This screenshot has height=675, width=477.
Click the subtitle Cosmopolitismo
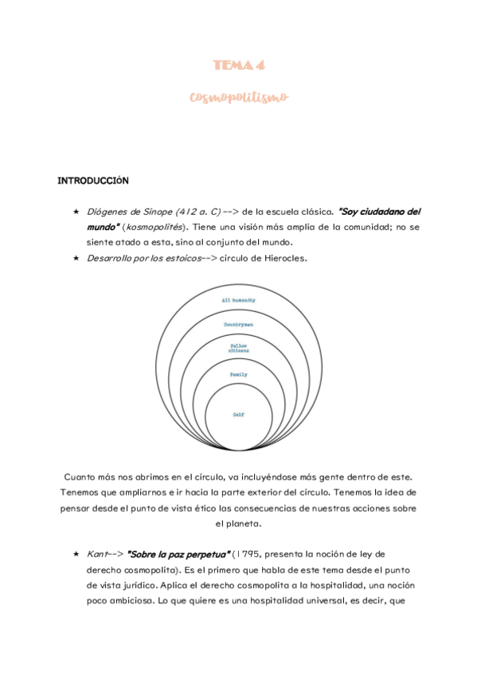tap(238, 97)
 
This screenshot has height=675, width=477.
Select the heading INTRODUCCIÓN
tap(93, 181)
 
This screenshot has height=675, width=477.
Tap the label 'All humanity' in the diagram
tap(238, 300)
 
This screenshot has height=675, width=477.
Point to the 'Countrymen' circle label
tap(238, 325)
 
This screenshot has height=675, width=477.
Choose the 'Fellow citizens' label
tap(238, 349)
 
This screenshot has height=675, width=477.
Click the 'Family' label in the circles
tap(238, 374)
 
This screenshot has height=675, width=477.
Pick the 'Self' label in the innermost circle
tap(238, 415)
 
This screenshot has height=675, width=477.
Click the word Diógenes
tap(105, 212)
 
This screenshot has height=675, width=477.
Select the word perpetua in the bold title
tap(204, 553)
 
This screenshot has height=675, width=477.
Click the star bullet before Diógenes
tap(75, 212)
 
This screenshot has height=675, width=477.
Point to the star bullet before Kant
tap(75, 553)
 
